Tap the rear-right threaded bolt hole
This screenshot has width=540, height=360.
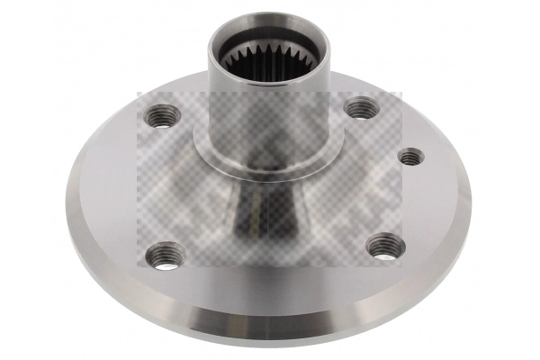(x=360, y=109)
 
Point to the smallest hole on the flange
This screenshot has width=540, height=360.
(x=410, y=157)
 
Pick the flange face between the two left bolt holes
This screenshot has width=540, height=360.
(x=144, y=184)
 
